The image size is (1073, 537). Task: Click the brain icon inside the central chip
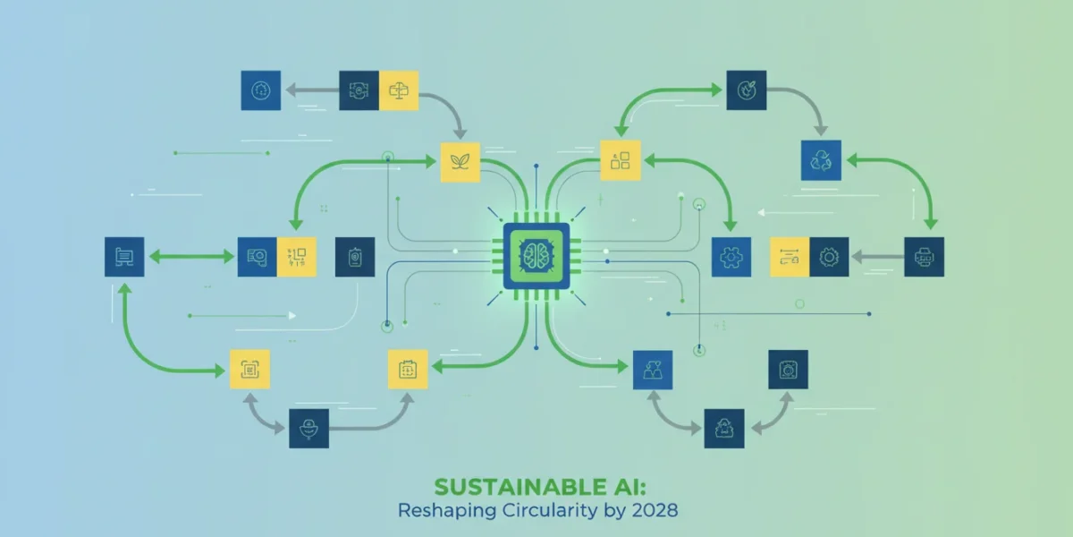(536, 256)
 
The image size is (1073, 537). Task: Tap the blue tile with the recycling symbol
(821, 160)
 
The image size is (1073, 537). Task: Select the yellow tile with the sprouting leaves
(460, 162)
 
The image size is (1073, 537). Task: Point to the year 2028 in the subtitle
(655, 510)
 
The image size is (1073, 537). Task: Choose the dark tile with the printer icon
(924, 257)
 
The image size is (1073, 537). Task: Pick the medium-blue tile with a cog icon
(731, 257)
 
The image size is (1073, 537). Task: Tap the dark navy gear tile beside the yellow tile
(829, 257)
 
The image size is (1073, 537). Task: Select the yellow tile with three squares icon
(621, 160)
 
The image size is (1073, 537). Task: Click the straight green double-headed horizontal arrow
(191, 257)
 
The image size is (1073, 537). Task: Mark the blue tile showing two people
(653, 370)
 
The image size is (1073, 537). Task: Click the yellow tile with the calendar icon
(408, 369)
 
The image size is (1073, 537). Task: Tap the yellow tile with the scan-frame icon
(249, 369)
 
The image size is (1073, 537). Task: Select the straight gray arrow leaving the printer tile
(877, 257)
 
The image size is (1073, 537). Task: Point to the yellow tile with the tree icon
(399, 90)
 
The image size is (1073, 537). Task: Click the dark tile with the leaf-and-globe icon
(747, 90)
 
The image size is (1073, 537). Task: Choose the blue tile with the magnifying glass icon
(258, 257)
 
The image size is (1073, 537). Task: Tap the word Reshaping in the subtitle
(446, 510)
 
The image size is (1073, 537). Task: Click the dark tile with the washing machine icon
(788, 370)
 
